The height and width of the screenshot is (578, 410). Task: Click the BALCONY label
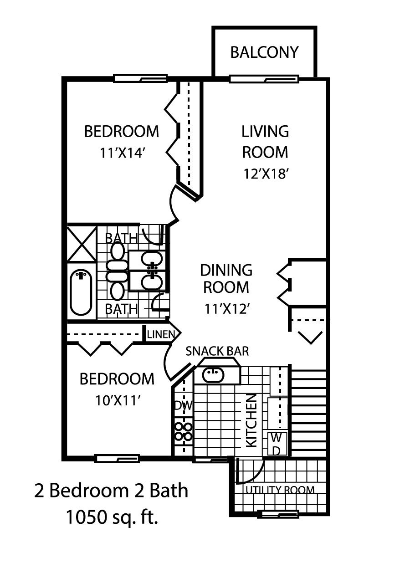264,52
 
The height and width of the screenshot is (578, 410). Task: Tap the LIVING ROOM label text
265,141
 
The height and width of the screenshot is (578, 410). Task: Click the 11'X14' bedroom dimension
122,153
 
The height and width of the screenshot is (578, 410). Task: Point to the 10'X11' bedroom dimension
117,400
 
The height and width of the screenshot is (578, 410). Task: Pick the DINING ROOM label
226,279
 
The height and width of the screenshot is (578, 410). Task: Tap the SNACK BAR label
217,351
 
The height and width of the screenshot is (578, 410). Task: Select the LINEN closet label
160,335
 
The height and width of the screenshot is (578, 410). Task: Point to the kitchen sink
213,375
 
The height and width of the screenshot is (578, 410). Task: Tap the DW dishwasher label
183,405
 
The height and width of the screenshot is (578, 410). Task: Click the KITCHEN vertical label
252,420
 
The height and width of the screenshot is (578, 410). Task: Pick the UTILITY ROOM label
280,490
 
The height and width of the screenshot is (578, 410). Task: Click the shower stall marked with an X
82,244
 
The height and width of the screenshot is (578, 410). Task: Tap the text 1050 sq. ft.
112,518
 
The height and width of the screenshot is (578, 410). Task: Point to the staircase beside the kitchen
309,412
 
